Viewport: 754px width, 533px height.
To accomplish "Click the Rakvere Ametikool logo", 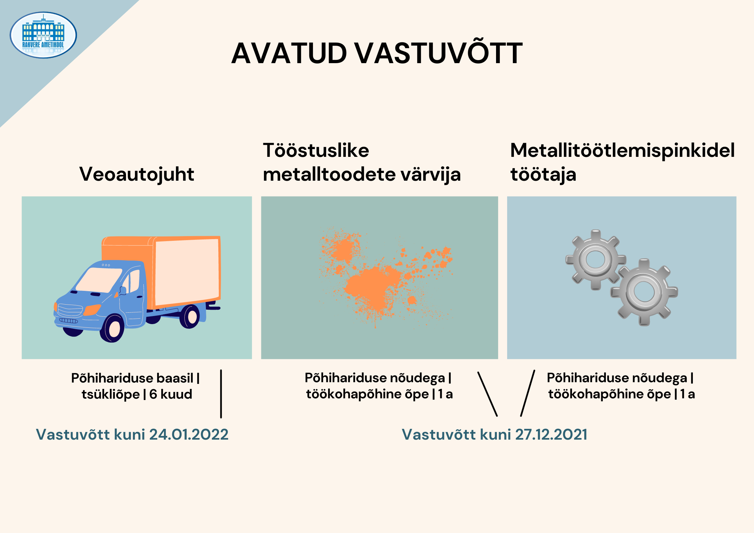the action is (x=43, y=35).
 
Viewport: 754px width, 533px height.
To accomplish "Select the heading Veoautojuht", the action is (x=137, y=175).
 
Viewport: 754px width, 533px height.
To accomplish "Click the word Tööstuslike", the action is (x=316, y=150).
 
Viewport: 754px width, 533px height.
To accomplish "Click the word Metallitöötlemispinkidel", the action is (x=622, y=150).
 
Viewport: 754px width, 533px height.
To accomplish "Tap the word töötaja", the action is (x=543, y=175).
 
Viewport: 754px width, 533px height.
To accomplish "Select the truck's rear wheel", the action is (x=190, y=316).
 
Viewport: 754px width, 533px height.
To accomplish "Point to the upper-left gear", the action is (x=595, y=260).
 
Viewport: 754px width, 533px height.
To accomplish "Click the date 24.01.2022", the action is (x=189, y=435).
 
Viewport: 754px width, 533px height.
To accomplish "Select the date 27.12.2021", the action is (x=551, y=435).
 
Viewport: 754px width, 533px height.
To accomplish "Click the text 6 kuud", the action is (x=171, y=394).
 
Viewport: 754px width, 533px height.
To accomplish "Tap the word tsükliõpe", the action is (x=110, y=394).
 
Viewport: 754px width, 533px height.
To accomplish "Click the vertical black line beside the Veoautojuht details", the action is (x=221, y=394).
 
